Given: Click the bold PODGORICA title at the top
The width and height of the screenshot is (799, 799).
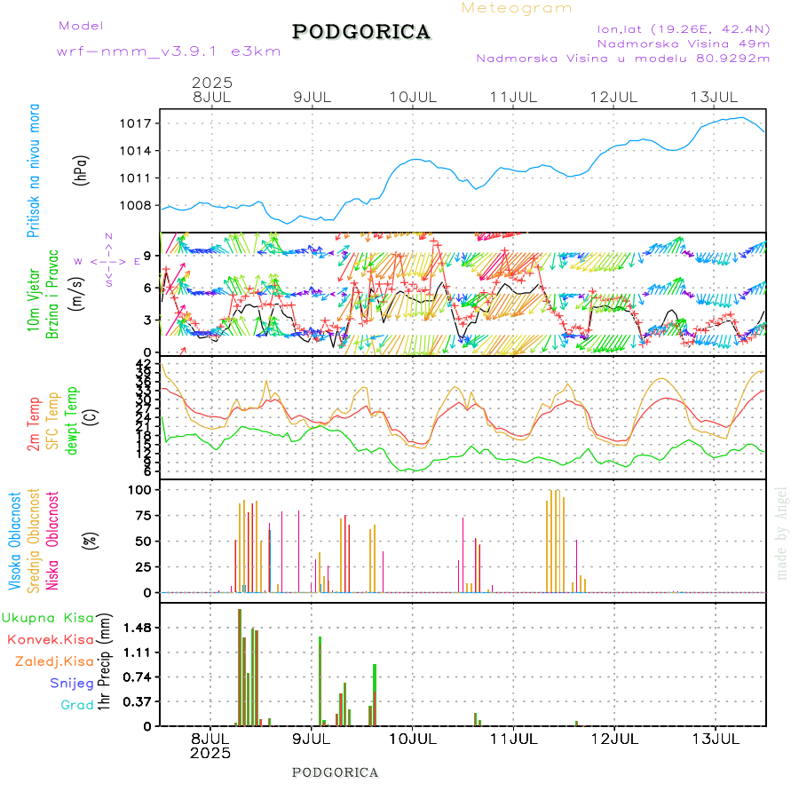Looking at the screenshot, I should [361, 32].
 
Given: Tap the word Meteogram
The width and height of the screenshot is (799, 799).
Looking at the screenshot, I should [517, 8].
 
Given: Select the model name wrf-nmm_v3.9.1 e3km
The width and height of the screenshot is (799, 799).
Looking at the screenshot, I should [169, 51].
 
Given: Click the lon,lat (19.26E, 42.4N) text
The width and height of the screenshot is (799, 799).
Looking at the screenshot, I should [683, 28].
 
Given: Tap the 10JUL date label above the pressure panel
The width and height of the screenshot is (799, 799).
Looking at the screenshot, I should [415, 96].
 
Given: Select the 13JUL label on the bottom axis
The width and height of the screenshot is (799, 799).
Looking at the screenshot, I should [716, 739].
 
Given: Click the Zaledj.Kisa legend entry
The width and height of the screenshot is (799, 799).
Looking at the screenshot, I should [54, 661].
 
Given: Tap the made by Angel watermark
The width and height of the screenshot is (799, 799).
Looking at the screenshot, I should [782, 533].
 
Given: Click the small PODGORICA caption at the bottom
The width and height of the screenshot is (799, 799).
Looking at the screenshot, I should [336, 772].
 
